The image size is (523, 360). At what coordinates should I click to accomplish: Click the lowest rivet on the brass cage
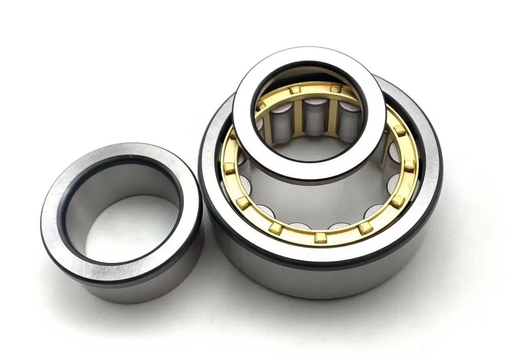(320, 238)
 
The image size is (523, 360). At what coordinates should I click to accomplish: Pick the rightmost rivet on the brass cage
(409, 166)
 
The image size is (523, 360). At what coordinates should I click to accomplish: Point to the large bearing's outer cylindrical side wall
(321, 281)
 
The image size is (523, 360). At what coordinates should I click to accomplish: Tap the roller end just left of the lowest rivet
(299, 227)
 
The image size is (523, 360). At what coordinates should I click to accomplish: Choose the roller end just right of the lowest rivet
(340, 227)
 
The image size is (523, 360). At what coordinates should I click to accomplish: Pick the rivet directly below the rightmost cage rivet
(398, 200)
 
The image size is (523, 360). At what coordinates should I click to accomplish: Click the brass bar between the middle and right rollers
(331, 114)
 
